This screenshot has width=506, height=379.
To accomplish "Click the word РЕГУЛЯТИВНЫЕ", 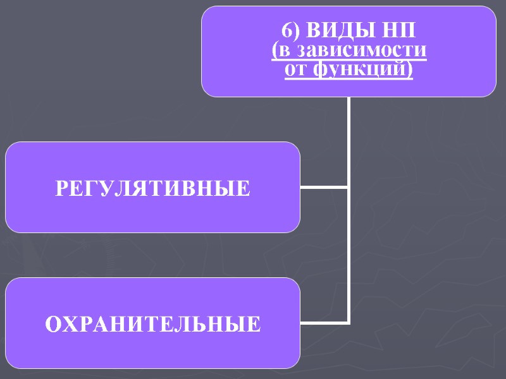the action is [x=152, y=188].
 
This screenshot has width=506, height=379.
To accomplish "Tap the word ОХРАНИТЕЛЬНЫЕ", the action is [x=152, y=325].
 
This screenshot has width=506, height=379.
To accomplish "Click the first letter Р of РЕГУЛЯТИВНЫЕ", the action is [x=61, y=188].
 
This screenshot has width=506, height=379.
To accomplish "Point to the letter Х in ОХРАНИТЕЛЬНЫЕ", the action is [x=71, y=325].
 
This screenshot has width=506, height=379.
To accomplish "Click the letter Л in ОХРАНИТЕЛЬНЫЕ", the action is [x=190, y=325].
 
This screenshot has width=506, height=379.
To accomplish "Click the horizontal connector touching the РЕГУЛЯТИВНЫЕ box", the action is [x=324, y=187].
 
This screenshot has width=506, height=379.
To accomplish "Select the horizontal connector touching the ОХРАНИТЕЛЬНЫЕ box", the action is [x=324, y=323].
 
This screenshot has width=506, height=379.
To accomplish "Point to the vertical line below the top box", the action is [x=349, y=139].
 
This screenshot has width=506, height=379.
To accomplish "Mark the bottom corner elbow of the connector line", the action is [x=349, y=323].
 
